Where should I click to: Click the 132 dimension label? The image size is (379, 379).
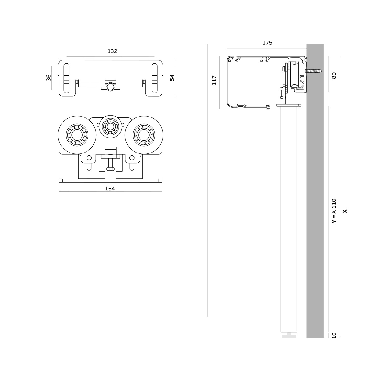coord(112,51)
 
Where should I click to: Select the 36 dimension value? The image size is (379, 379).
coord(49,78)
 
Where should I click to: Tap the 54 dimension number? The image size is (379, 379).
coord(172,78)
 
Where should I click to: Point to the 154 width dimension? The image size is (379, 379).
coord(110,189)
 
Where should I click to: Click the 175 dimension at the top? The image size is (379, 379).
coord(267,43)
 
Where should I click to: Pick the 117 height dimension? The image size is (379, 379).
coord(214,80)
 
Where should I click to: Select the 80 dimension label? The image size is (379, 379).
coord(334,75)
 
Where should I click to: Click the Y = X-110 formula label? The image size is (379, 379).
coord(334,211)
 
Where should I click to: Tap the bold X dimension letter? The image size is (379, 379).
coord(345,211)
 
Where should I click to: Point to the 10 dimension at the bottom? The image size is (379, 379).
coord(334,335)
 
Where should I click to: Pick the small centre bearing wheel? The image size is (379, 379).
coord(110,127)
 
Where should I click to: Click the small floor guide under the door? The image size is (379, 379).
coord(289,336)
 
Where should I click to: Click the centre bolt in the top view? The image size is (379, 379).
coord(110,86)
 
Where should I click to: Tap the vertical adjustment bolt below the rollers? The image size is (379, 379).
coord(110,163)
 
